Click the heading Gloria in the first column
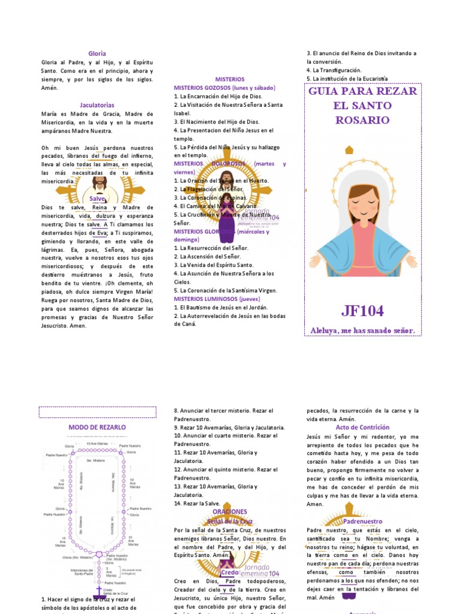pos(97,53)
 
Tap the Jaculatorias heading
pos(97,105)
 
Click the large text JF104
pos(362,311)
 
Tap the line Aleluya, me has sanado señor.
pos(362,330)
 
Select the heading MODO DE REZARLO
pos(97,427)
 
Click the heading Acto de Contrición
pos(362,427)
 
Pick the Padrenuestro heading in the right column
pos(362,522)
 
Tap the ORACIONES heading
pos(229,511)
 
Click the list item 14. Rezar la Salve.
pos(197,504)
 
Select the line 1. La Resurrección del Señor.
pos(211,248)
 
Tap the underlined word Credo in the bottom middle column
pos(230,573)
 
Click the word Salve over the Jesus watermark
pos(97,198)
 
